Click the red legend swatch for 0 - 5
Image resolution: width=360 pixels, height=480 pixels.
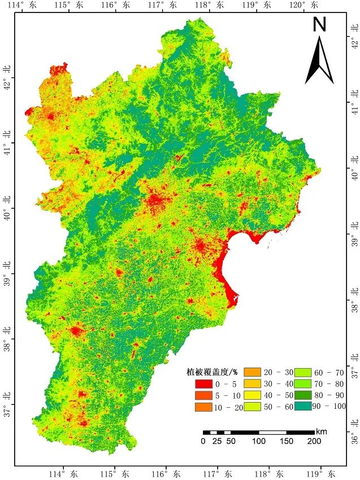[x=197, y=384]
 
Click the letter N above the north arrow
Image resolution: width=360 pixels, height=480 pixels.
[x=320, y=24]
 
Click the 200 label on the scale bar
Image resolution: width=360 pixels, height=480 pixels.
[x=314, y=442]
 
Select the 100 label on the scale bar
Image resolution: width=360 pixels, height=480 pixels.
[x=259, y=442]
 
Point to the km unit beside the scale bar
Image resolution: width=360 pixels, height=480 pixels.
[x=322, y=431]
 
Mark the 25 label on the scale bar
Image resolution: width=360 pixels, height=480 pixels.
[x=216, y=442]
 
